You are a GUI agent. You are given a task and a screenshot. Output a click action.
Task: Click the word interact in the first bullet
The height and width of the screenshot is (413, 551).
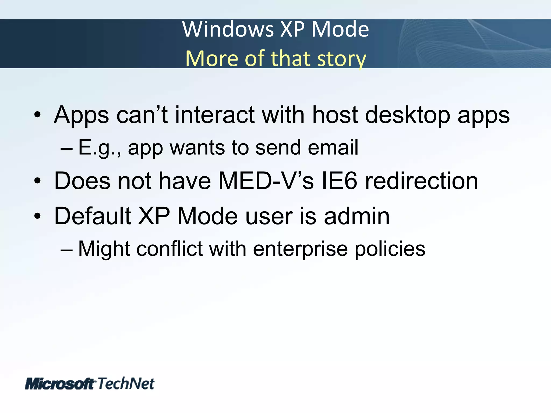click(215, 115)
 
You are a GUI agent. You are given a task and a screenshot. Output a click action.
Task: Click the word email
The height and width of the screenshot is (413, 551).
click(333, 147)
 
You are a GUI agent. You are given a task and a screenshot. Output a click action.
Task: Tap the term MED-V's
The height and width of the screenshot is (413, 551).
click(266, 181)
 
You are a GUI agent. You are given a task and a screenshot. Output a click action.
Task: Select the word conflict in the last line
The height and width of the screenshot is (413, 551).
click(169, 249)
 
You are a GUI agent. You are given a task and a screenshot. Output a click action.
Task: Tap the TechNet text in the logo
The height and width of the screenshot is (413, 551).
click(126, 383)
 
